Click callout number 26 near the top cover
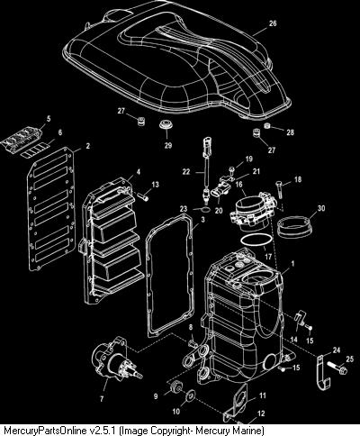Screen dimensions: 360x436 tap(273, 23)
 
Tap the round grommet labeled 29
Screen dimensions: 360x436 tap(165, 124)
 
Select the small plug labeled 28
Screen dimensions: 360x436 tap(267, 126)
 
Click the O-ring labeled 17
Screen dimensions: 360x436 tap(256, 242)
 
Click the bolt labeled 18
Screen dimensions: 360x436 tap(279, 189)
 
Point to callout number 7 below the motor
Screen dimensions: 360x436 tap(102, 399)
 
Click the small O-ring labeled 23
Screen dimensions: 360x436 tap(204, 209)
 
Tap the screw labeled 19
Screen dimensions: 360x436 tap(231, 171)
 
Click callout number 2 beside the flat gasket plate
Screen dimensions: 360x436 tap(87, 146)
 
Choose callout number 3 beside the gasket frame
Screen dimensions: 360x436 tap(203, 220)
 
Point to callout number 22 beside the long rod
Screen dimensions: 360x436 tap(186, 172)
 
